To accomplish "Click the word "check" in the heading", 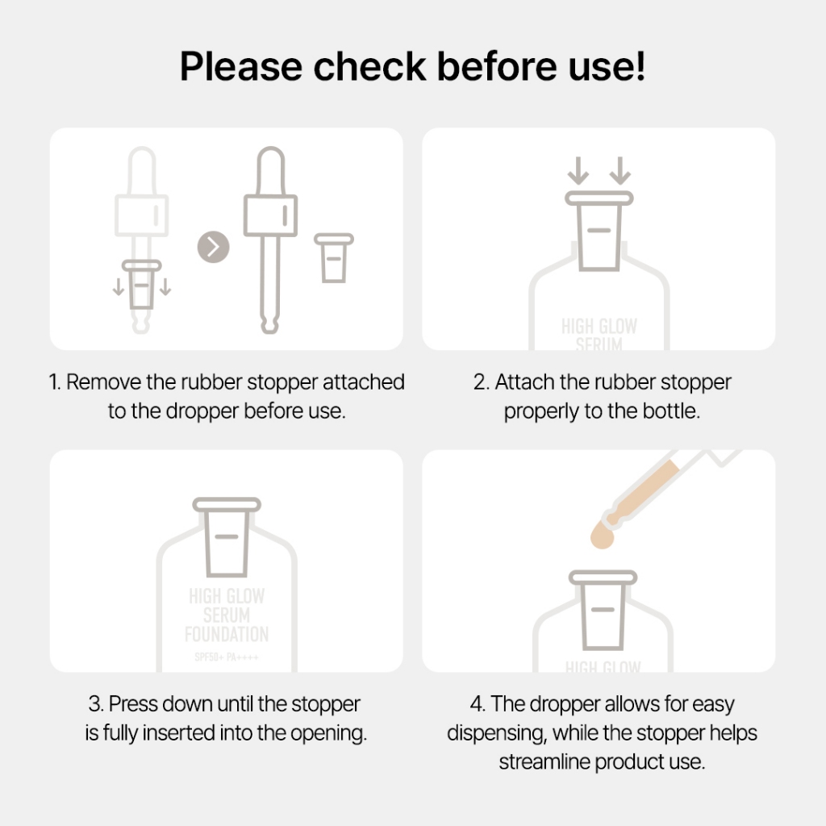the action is pos(369,66).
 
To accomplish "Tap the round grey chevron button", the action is pos(213,247).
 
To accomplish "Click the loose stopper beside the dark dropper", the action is pos(334,258).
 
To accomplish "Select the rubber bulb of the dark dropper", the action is pos(271,171).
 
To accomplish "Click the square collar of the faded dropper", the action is pos(142,215).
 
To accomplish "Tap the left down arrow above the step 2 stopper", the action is pos(578,171).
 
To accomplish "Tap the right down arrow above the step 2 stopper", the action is pos(620,171).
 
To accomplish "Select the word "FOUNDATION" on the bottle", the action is pos(227,634).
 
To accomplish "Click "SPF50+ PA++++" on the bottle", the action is pos(227,657).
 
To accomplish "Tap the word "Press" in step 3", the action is pos(134,704).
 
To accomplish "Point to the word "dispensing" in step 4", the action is pos(497,733).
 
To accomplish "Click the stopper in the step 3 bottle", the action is pos(227,536).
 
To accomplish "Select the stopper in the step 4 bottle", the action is pos(603,610).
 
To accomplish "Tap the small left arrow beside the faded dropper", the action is pos(119,287).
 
